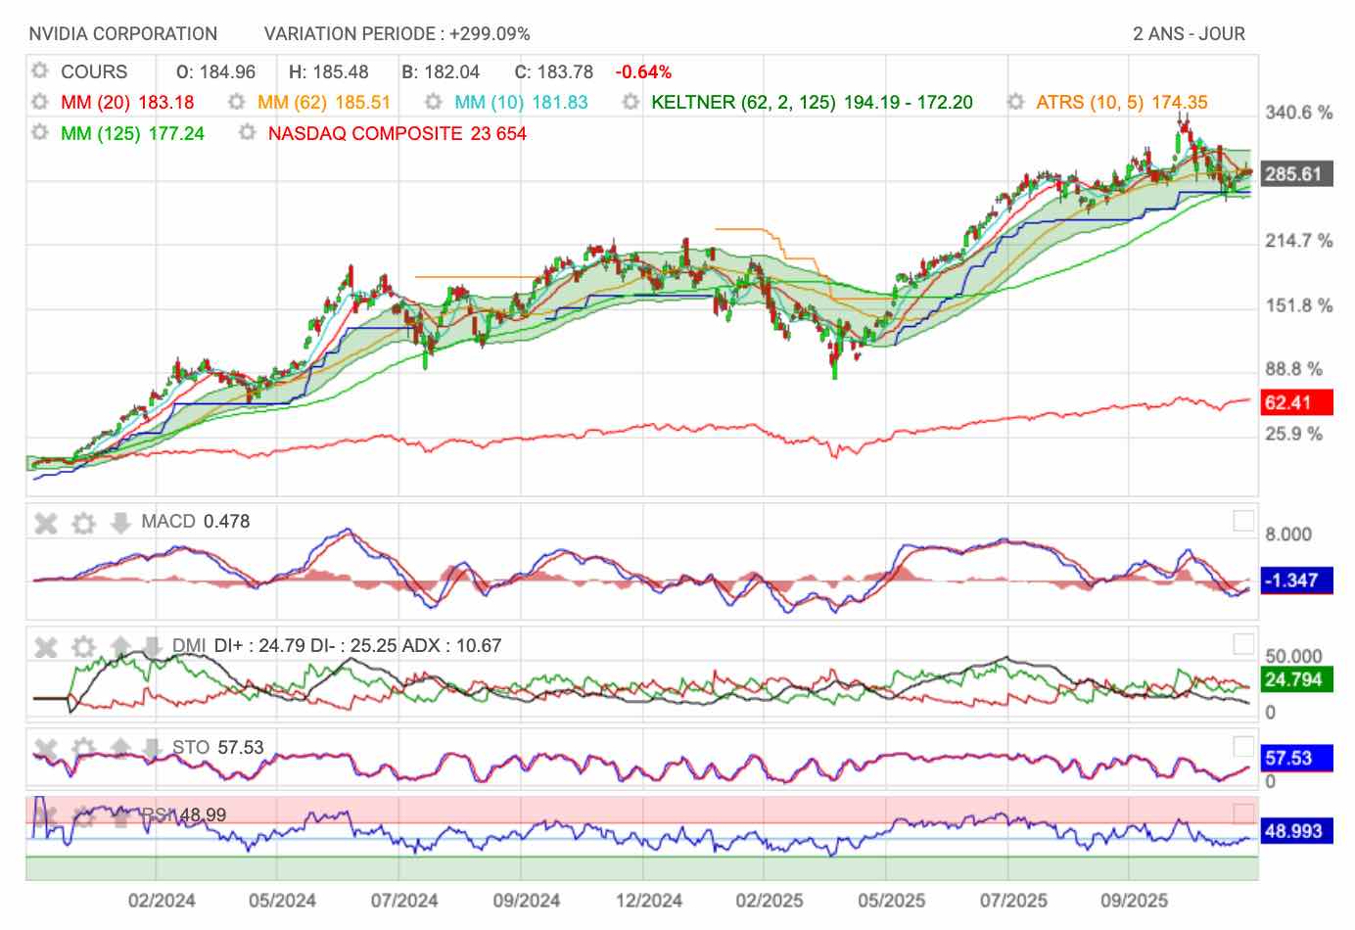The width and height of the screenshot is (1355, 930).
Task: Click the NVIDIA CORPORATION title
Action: pyautogui.click(x=122, y=34)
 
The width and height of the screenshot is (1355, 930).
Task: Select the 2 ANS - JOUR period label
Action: pyautogui.click(x=1189, y=34)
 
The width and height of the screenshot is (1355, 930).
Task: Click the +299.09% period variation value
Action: pyautogui.click(x=490, y=34)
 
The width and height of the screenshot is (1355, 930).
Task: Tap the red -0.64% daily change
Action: pyautogui.click(x=643, y=71)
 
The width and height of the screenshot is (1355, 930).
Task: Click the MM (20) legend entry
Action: pyautogui.click(x=127, y=102)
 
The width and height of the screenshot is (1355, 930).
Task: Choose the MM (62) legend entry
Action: pyautogui.click(x=324, y=102)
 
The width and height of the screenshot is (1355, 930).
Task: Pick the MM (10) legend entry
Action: pyautogui.click(x=521, y=102)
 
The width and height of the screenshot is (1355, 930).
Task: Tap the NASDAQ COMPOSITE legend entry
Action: pyautogui.click(x=397, y=133)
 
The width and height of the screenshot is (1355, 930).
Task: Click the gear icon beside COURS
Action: pyautogui.click(x=40, y=71)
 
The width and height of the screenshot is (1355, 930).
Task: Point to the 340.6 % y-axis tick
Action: pyautogui.click(x=1298, y=113)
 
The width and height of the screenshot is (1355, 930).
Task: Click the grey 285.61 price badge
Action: pyautogui.click(x=1294, y=174)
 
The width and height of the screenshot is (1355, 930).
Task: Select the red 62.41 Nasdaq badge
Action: pyautogui.click(x=1294, y=402)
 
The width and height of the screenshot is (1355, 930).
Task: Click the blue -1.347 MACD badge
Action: pyautogui.click(x=1294, y=581)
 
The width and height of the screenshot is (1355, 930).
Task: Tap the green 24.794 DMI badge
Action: pyautogui.click(x=1294, y=679)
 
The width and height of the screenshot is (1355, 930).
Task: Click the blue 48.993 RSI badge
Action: pyautogui.click(x=1294, y=831)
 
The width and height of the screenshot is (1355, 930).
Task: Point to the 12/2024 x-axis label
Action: pyautogui.click(x=647, y=900)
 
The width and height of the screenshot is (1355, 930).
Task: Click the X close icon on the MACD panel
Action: pyautogui.click(x=46, y=523)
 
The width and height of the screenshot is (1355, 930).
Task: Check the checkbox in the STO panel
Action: pyautogui.click(x=1243, y=746)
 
